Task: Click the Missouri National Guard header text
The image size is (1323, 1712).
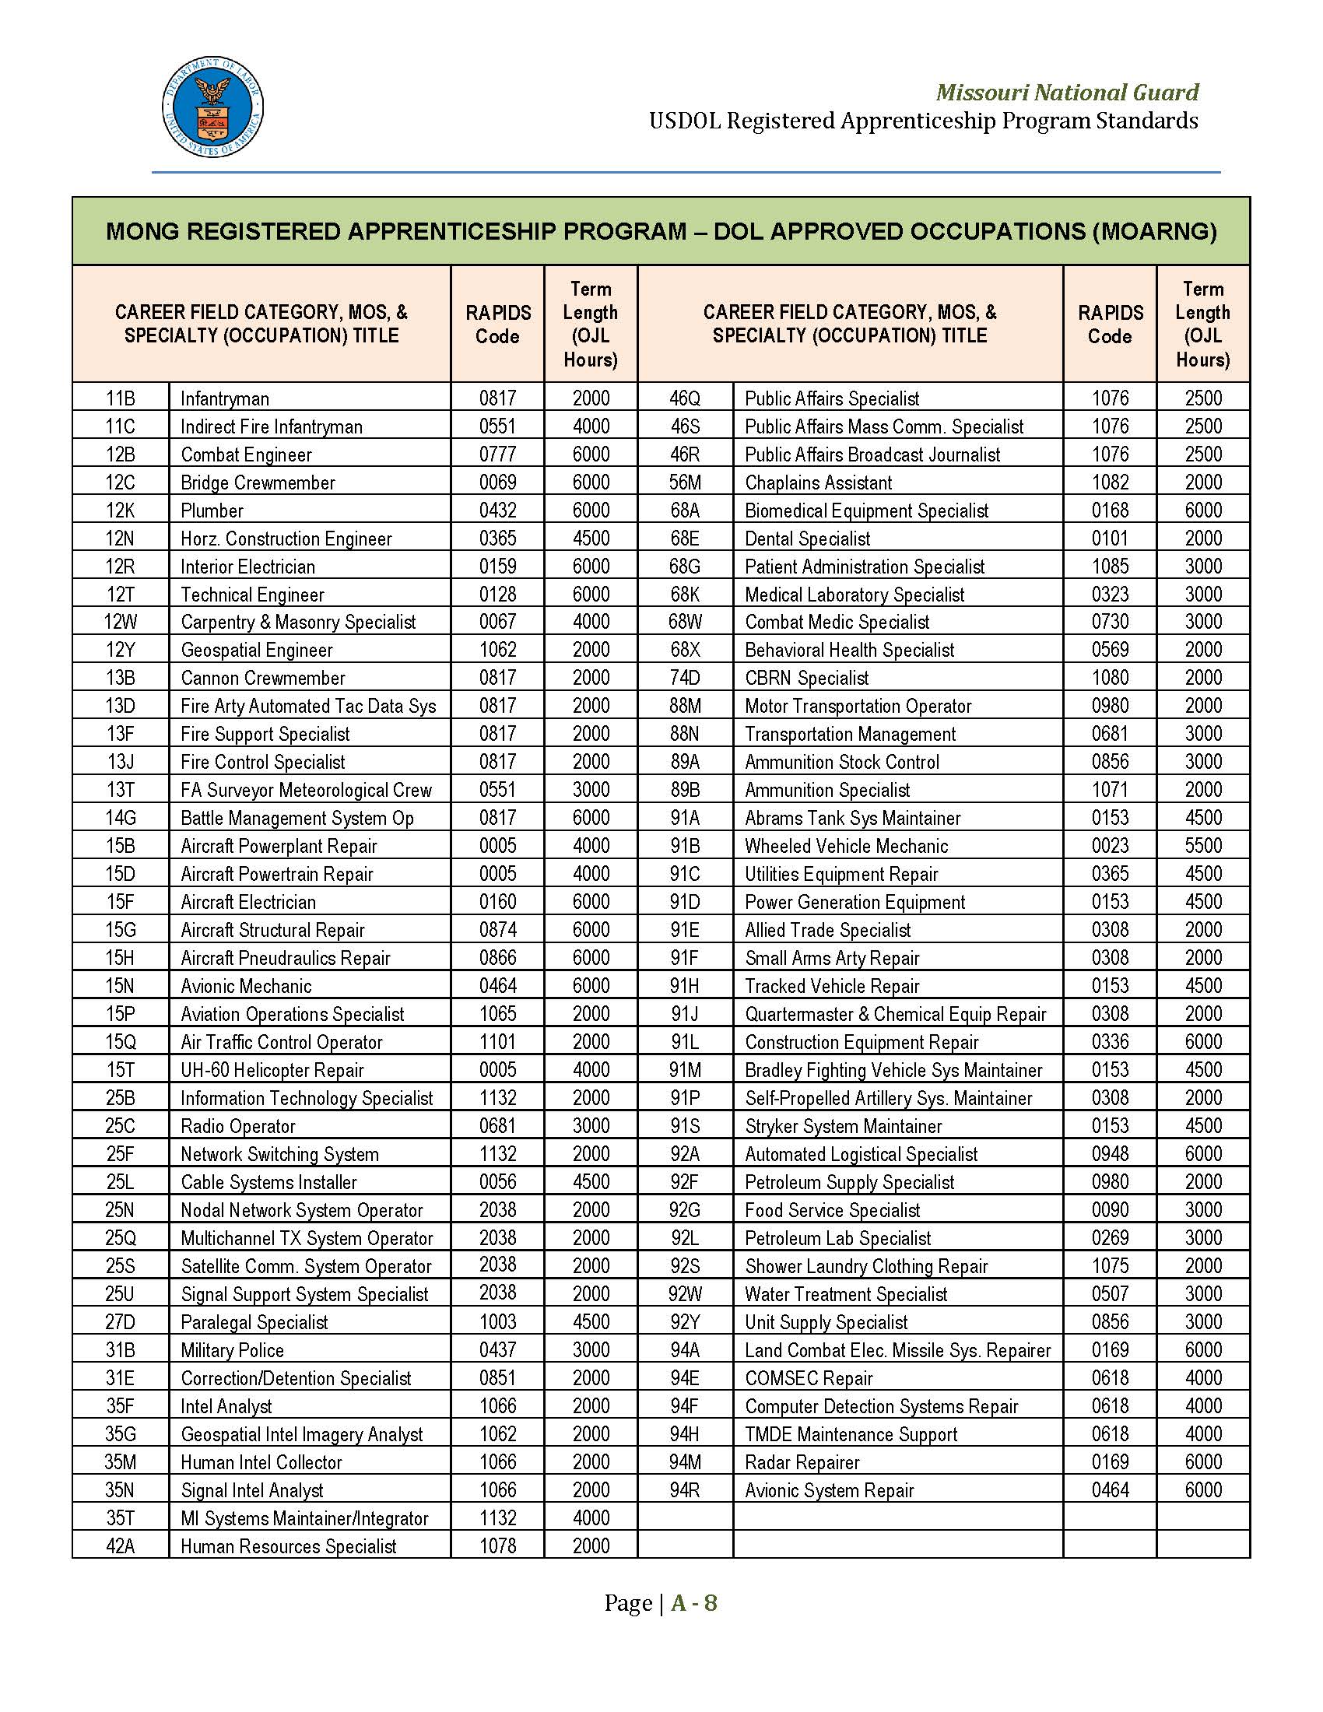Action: click(1067, 93)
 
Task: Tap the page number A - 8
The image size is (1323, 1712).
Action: click(693, 1603)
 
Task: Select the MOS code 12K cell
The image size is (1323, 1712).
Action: click(120, 510)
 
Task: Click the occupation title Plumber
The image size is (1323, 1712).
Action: click(212, 510)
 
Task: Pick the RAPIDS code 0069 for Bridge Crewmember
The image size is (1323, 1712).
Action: click(498, 482)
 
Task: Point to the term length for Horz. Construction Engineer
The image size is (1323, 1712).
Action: click(590, 539)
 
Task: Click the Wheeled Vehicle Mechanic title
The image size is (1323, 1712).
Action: click(846, 846)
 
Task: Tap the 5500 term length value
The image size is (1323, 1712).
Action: click(1202, 846)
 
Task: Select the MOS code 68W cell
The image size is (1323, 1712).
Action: click(685, 623)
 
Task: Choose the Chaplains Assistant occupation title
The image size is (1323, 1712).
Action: click(817, 482)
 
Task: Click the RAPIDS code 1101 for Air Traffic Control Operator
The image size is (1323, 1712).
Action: click(498, 1042)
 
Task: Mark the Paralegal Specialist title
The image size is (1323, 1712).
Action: click(254, 1322)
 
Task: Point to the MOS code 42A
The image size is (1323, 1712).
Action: click(120, 1545)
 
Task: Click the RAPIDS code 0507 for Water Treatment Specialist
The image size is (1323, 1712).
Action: click(1110, 1294)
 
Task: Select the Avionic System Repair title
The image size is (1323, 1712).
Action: click(830, 1490)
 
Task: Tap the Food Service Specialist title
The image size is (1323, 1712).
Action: click(832, 1210)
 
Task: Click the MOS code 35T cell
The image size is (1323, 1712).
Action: click(120, 1518)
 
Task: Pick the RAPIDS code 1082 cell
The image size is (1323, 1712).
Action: click(1110, 482)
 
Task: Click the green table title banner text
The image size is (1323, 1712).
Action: click(661, 231)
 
